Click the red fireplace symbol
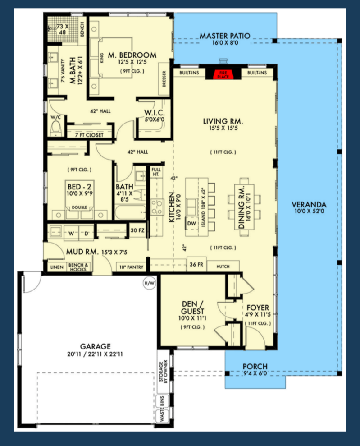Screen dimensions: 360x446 pyautogui.click(x=223, y=74)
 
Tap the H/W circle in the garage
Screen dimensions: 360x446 pyautogui.click(x=150, y=283)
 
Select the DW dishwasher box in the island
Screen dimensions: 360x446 pyautogui.click(x=191, y=223)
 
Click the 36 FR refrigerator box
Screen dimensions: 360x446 pyautogui.click(x=196, y=264)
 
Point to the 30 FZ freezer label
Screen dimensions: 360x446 pyautogui.click(x=137, y=230)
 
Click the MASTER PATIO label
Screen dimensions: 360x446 pyautogui.click(x=225, y=36)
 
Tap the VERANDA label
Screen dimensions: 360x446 pyautogui.click(x=309, y=205)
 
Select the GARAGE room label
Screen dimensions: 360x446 pyautogui.click(x=95, y=346)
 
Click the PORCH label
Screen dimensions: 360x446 pyautogui.click(x=255, y=366)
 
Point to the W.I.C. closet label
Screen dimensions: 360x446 pyautogui.click(x=154, y=113)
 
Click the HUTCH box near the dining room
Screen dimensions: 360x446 pyautogui.click(x=223, y=266)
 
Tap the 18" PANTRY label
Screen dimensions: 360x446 pyautogui.click(x=131, y=267)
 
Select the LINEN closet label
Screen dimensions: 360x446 pyautogui.click(x=57, y=267)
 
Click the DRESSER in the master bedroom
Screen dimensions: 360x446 pyautogui.click(x=164, y=79)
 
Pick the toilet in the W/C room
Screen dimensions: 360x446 pyautogui.click(x=56, y=129)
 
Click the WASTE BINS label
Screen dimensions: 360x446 pyautogui.click(x=162, y=409)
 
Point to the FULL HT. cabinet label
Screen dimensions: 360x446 pyautogui.click(x=156, y=172)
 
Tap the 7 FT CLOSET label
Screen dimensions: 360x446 pyautogui.click(x=89, y=135)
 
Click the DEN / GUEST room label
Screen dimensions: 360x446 pyautogui.click(x=192, y=308)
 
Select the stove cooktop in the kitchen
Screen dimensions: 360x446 pyautogui.click(x=157, y=207)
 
